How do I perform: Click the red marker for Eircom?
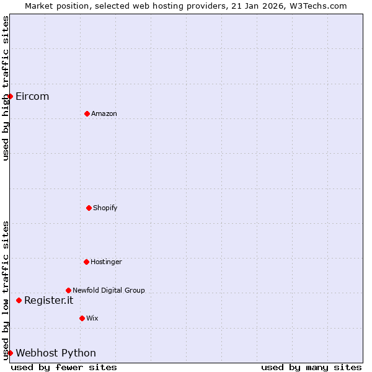pos(10,96)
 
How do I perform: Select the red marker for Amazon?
pos(87,113)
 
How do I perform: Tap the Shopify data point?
pos(89,208)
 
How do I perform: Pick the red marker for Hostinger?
pos(86,262)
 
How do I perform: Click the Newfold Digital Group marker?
pos(68,290)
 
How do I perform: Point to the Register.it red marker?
pos(19,300)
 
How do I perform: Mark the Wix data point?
pos(82,318)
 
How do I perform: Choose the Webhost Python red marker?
pos(10,353)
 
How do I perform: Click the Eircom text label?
pos(32,96)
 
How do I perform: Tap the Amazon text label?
pos(104,113)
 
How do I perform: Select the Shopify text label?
pos(105,208)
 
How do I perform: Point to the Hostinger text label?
pos(106,262)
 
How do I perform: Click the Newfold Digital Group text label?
pos(108,290)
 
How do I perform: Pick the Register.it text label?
pos(48,300)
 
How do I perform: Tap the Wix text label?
pos(92,318)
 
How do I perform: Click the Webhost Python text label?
pos(56,353)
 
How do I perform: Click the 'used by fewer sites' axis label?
pos(64,367)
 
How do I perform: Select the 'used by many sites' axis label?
pos(311,367)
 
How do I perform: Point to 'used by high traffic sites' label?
pos(6,88)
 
